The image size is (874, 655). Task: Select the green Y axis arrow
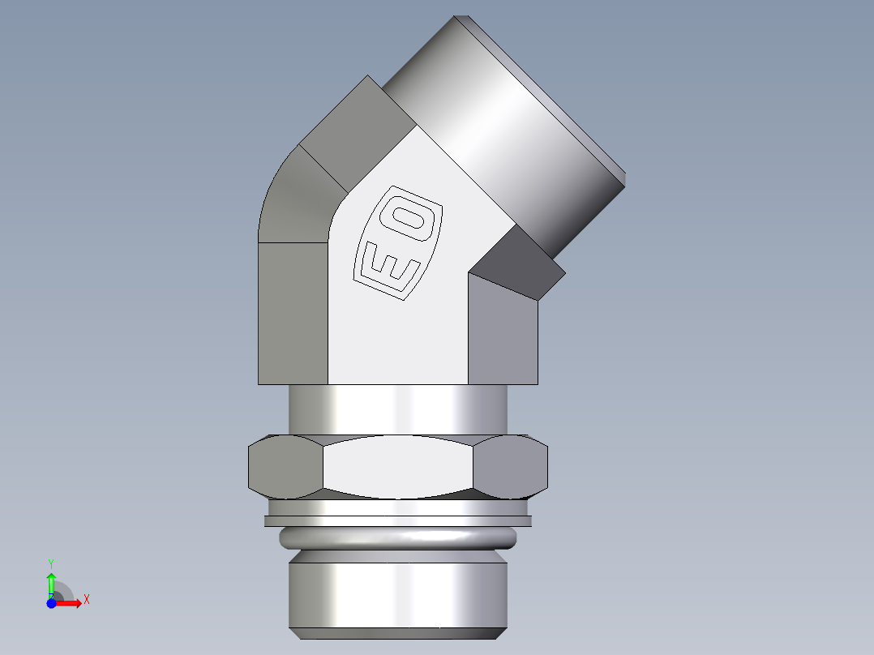point(51,583)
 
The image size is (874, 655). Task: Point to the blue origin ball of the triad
point(51,602)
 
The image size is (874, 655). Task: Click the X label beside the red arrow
point(86,600)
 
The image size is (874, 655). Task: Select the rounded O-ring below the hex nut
point(397,537)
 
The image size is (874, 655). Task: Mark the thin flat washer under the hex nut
point(397,520)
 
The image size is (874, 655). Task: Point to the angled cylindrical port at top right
point(503,122)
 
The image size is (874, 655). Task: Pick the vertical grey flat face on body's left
point(293,312)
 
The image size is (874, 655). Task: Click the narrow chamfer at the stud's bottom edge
point(397,633)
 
